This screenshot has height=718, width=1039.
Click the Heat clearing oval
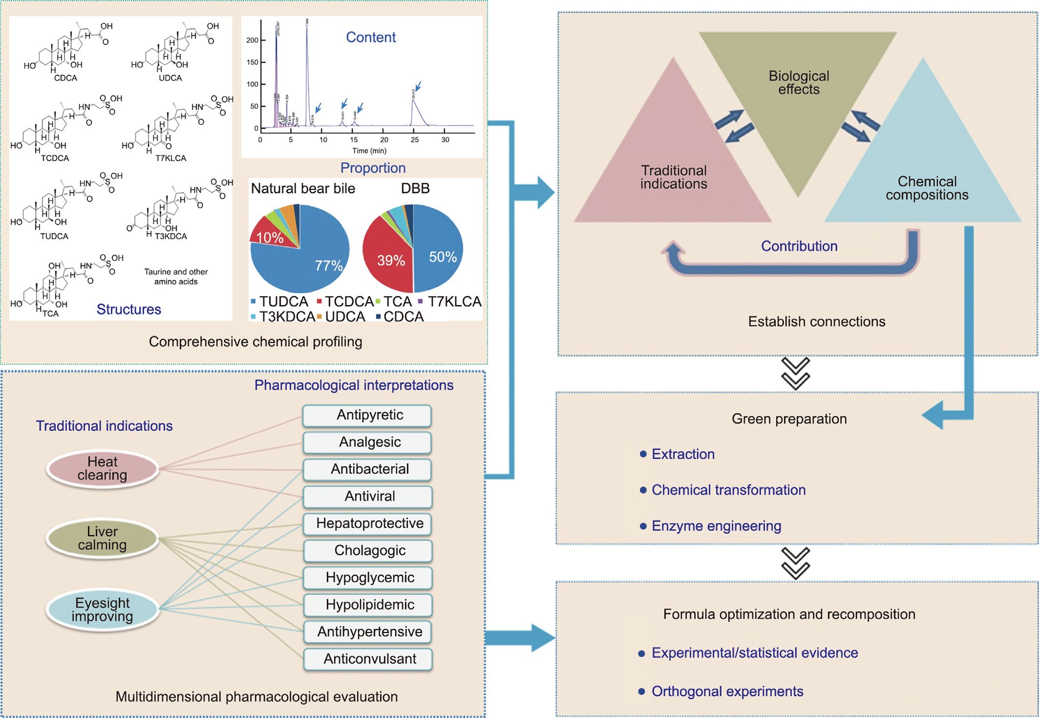pos(103,468)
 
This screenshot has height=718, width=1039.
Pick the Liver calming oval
pos(103,538)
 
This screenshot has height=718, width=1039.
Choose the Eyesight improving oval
pos(103,609)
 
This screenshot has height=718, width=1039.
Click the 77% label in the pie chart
pos(329,265)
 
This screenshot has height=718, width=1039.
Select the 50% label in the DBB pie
pos(443,257)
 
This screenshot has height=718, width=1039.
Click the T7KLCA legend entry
pos(454,302)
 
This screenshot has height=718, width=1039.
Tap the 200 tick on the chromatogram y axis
pos(252,40)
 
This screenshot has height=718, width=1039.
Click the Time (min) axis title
pos(369,151)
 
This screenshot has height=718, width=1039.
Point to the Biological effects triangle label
pos(799,83)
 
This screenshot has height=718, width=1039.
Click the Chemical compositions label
pos(927,188)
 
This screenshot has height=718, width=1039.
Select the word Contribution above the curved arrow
pos(799,246)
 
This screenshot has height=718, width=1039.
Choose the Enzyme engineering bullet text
pos(716,526)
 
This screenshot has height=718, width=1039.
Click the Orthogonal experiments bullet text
pos(727,691)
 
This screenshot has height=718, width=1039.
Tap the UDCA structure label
pos(170,78)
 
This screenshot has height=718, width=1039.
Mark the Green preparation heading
pos(789,419)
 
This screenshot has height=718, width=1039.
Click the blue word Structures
pos(128,309)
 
